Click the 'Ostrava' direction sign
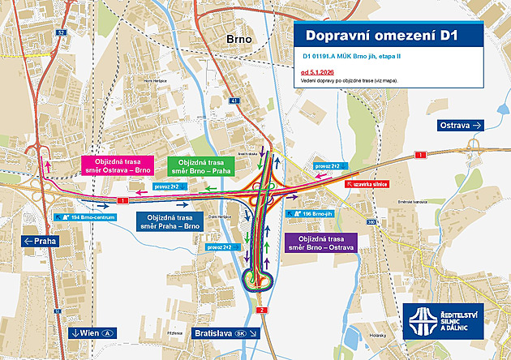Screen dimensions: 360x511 (461, 125)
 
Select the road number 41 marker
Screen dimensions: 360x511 (234, 101)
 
